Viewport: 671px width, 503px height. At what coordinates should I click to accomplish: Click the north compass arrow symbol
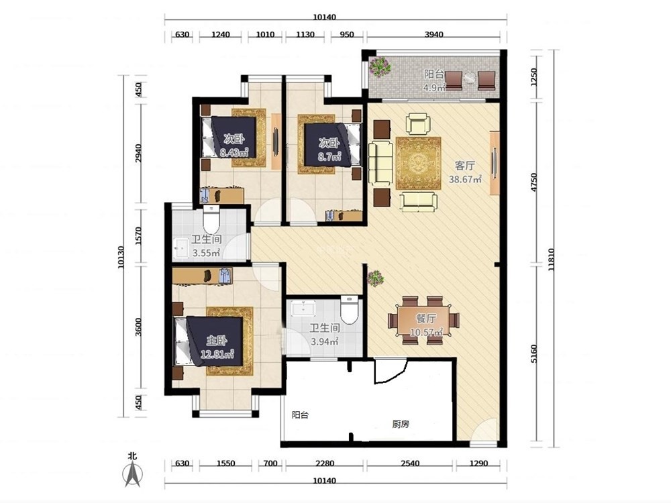point(132,475)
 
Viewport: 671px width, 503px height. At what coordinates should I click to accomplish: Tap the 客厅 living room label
point(464,166)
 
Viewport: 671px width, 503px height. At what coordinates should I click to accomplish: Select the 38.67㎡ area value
point(465,179)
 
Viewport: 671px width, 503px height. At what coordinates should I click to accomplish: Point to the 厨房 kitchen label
point(401,424)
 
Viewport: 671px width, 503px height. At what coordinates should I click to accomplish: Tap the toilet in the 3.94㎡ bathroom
point(349,309)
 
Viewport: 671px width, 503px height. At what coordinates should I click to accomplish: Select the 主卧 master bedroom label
point(217,341)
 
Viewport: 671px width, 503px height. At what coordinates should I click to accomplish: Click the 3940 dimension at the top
point(433,34)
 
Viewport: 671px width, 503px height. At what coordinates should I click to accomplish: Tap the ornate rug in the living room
point(418,162)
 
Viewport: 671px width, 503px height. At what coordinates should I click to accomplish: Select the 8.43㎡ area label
point(234,152)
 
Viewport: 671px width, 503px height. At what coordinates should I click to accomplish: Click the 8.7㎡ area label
point(329,156)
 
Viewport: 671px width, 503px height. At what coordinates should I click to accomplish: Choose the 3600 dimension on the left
point(138,327)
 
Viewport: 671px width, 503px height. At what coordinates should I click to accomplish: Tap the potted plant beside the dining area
point(375,278)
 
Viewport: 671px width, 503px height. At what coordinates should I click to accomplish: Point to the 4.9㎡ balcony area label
point(434,88)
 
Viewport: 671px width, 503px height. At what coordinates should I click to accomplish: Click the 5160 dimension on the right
point(533,354)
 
